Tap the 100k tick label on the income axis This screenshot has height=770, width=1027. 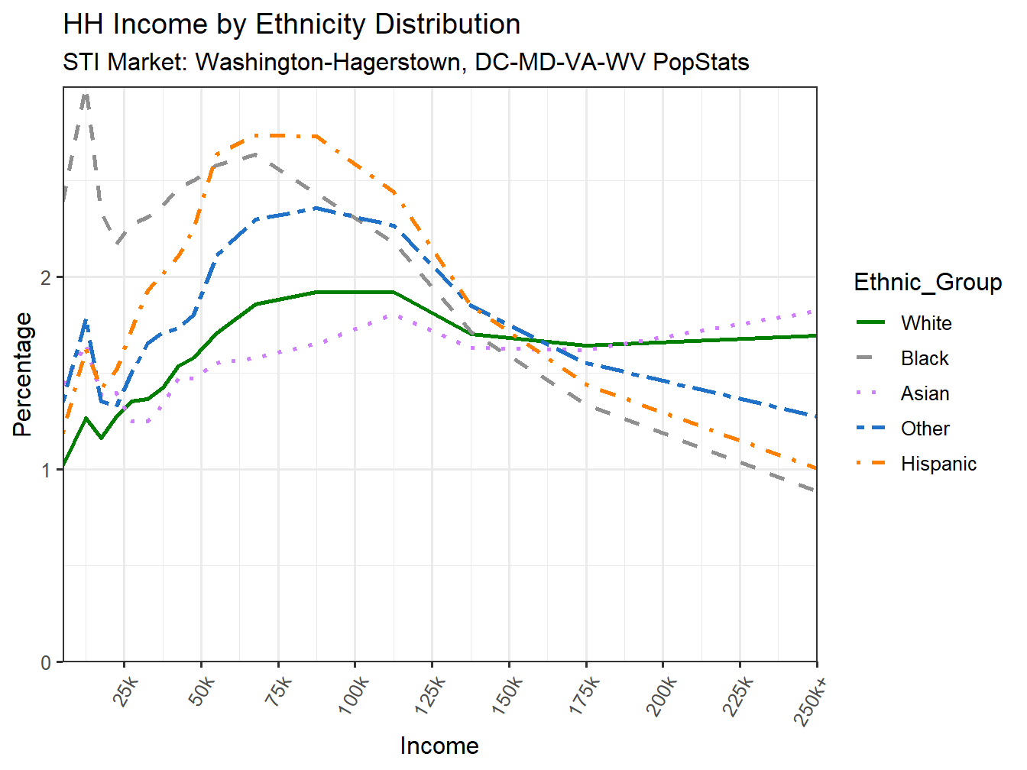(353, 695)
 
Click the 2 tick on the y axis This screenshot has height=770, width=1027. (47, 277)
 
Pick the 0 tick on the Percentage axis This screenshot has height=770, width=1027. (47, 662)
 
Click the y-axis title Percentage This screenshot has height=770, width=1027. (22, 374)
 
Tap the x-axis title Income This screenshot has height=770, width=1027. (439, 746)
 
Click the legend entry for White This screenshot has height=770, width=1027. (926, 323)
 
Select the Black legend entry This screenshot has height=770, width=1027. (925, 358)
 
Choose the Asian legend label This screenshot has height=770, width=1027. (925, 393)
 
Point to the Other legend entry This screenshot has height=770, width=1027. (925, 429)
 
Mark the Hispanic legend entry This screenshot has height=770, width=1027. (938, 464)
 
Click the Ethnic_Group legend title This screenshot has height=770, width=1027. (928, 282)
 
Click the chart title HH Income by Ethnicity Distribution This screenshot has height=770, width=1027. (291, 24)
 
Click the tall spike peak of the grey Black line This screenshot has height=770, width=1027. (86, 93)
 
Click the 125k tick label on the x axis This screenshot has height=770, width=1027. (430, 695)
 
